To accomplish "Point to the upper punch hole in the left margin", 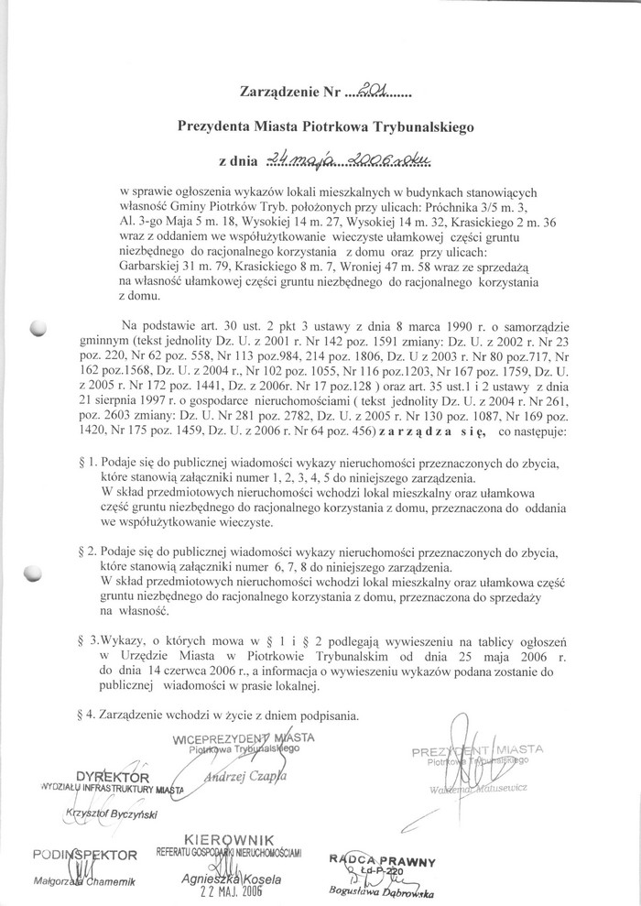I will pyautogui.click(x=38, y=329).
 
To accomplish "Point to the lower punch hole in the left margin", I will pyautogui.click(x=36, y=573).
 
